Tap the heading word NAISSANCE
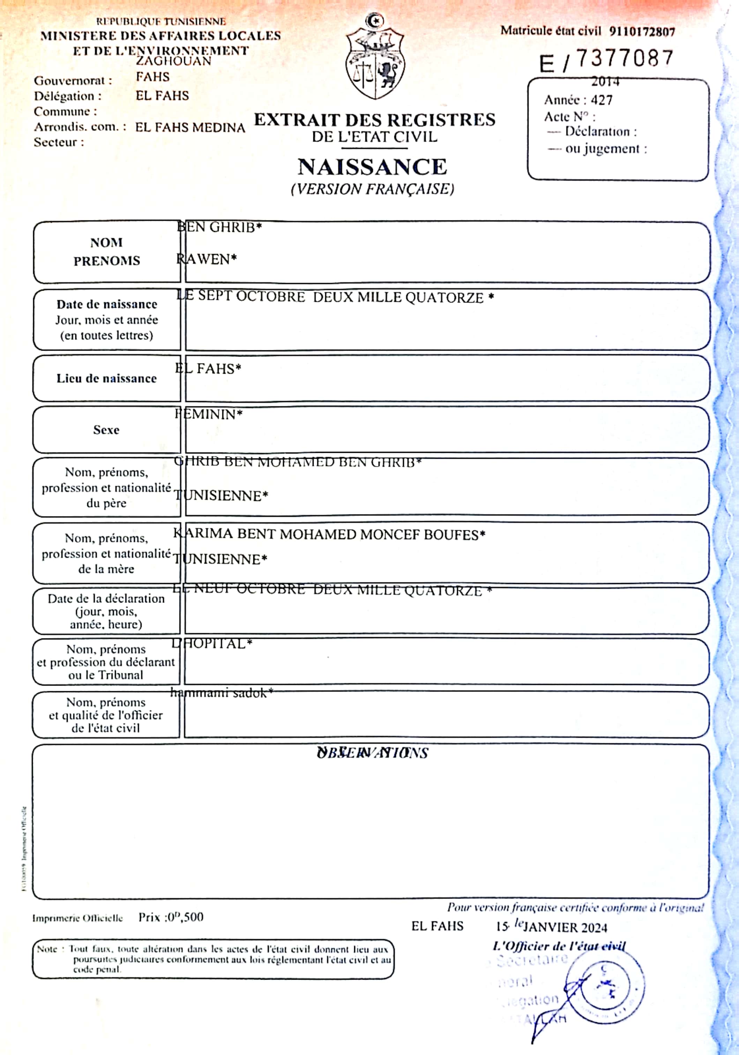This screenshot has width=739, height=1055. tap(372, 167)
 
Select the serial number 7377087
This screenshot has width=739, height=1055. tap(625, 58)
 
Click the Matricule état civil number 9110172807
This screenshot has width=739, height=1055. tap(642, 32)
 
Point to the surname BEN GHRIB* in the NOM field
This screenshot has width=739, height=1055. tap(219, 227)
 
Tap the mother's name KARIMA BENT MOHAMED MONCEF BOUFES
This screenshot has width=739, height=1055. tap(329, 534)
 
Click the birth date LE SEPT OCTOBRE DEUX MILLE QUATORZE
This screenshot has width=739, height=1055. tap(335, 297)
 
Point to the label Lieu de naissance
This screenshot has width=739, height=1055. tap(107, 379)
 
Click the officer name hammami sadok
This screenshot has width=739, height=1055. tap(222, 693)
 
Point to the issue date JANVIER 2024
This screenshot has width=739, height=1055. tap(566, 928)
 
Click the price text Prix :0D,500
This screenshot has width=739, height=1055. tap(171, 918)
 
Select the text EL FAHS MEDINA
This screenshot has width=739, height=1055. tap(190, 127)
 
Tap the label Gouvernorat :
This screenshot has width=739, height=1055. tap(73, 81)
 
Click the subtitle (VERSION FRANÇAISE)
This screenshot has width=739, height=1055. tap(372, 189)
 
